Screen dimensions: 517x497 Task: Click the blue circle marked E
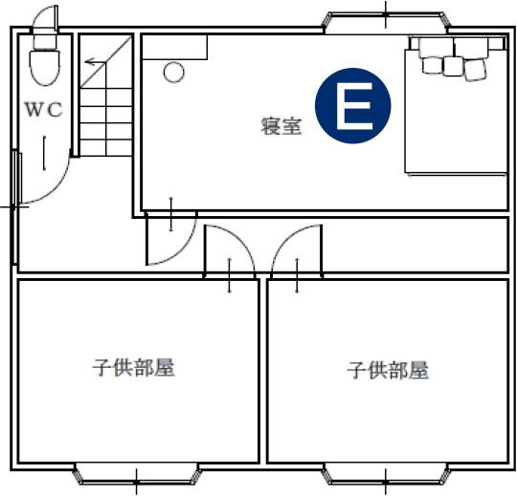pyautogui.click(x=352, y=106)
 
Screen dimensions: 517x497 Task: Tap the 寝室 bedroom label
pyautogui.click(x=281, y=126)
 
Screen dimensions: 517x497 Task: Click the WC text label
pyautogui.click(x=43, y=109)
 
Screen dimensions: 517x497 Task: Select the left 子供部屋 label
pyautogui.click(x=133, y=367)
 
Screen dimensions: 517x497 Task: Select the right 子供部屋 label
pyautogui.click(x=388, y=370)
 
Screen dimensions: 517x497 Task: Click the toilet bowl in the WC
pyautogui.click(x=45, y=68)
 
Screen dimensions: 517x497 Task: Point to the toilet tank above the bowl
pyautogui.click(x=45, y=41)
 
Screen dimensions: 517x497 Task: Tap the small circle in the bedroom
pyautogui.click(x=173, y=72)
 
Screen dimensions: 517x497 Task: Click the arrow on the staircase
pyautogui.click(x=95, y=61)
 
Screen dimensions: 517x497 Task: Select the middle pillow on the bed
pyautogui.click(x=453, y=66)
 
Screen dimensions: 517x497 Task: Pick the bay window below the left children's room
pyautogui.click(x=137, y=474)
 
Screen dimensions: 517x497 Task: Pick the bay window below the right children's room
pyautogui.click(x=386, y=474)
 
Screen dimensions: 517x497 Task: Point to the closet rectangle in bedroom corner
pyautogui.click(x=174, y=47)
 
